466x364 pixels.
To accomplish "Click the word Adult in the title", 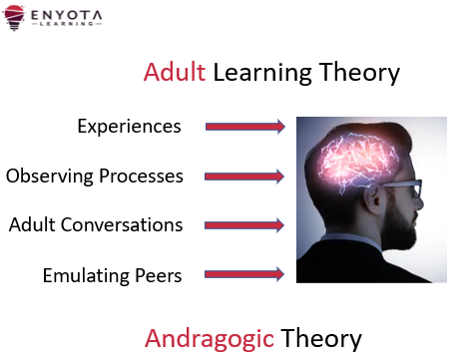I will coord(175,73).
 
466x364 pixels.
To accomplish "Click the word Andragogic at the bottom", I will coord(210,338).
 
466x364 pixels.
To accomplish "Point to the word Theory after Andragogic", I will coord(320,338).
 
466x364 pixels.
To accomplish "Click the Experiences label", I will coord(129,127).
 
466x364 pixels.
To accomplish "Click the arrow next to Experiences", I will coord(245,127).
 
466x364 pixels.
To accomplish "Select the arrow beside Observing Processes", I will coord(245,177).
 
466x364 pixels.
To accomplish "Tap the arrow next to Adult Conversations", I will coord(245,225).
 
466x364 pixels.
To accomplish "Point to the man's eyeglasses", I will coord(404,190).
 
